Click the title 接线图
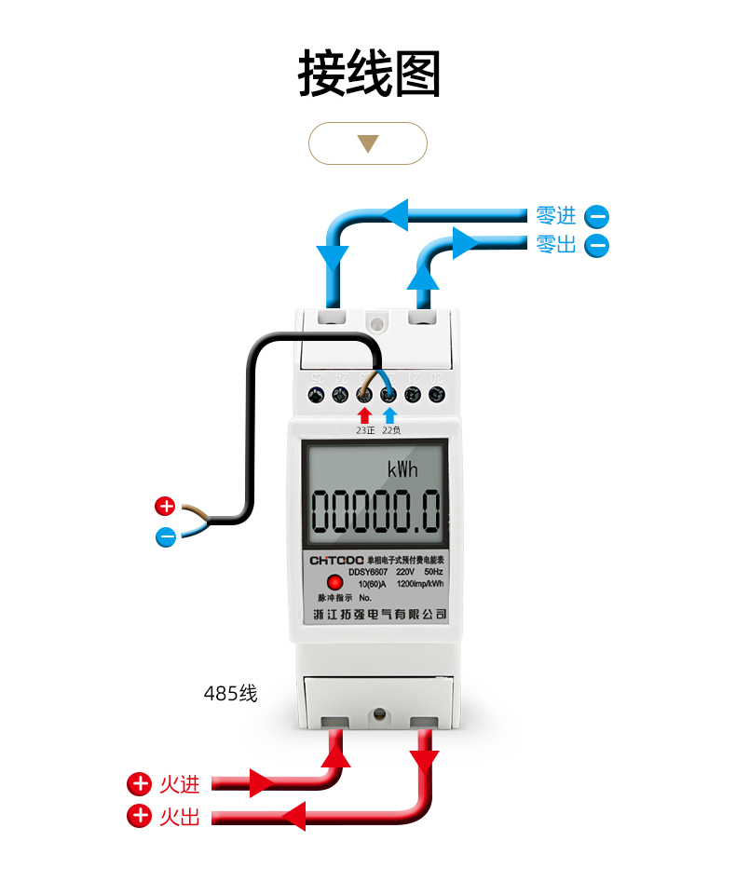point(369,75)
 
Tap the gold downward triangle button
point(368,143)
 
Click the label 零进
point(556,216)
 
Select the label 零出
point(556,245)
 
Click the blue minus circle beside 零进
point(596,217)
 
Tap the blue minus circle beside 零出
point(596,246)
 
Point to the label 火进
point(179,783)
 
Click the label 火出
point(179,817)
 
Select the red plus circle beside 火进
point(139,783)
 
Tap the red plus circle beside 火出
point(139,817)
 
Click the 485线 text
point(230,694)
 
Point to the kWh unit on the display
point(402,468)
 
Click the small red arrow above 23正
point(364,414)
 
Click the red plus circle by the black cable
point(165,507)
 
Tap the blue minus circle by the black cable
point(165,536)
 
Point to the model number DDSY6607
point(368,571)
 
